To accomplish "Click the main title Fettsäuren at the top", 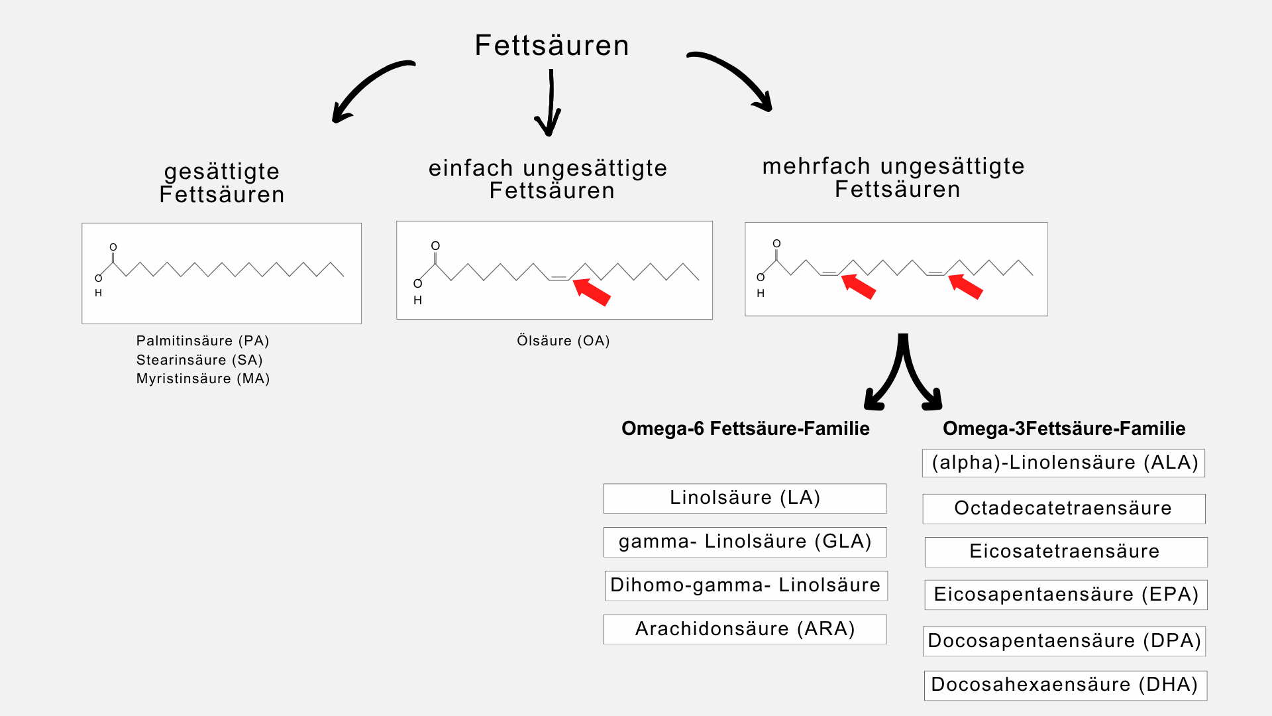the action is [552, 45].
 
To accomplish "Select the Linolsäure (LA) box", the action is [745, 498].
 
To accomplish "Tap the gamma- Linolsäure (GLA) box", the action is [745, 542].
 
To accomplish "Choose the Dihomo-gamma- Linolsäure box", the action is [745, 585].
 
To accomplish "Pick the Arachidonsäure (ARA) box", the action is [745, 629].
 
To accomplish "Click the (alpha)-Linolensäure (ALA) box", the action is [1063, 463].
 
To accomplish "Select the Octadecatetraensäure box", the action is [1063, 508].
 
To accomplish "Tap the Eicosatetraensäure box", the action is [1066, 552].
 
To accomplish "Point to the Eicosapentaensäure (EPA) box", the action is [1066, 595].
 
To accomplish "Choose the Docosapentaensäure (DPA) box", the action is [1064, 641].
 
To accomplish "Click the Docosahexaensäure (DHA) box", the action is [1065, 685].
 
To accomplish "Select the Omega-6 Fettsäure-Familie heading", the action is [745, 428].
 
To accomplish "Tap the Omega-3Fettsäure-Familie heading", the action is [1064, 428].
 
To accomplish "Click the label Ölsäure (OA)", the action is [563, 341].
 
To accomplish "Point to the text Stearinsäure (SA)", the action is [199, 360].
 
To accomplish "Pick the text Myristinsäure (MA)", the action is [203, 379].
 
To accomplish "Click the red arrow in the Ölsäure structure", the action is [592, 292].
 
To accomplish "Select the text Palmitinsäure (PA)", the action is [203, 341].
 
